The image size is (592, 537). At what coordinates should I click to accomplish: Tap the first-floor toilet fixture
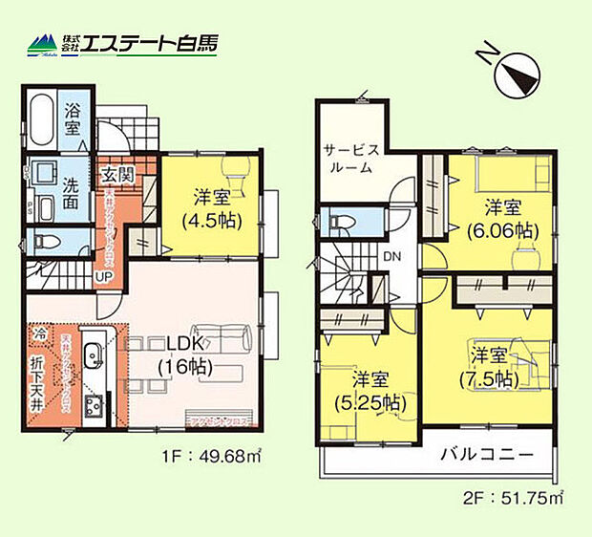50,241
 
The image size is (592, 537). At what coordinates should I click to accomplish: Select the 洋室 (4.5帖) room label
209,209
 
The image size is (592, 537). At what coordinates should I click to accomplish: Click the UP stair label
101,277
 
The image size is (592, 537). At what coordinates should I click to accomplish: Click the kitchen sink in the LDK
94,361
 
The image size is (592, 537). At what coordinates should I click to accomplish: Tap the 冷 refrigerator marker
40,334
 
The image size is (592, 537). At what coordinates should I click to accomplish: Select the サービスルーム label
352,157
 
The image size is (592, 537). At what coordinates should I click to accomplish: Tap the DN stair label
392,256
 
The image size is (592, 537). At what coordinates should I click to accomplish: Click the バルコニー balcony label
486,457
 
